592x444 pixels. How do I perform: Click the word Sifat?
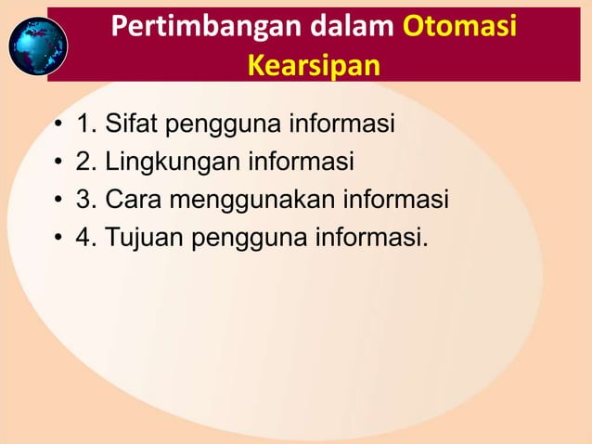133,124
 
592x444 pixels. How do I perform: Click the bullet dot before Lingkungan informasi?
58,163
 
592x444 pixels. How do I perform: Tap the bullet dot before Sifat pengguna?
58,124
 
